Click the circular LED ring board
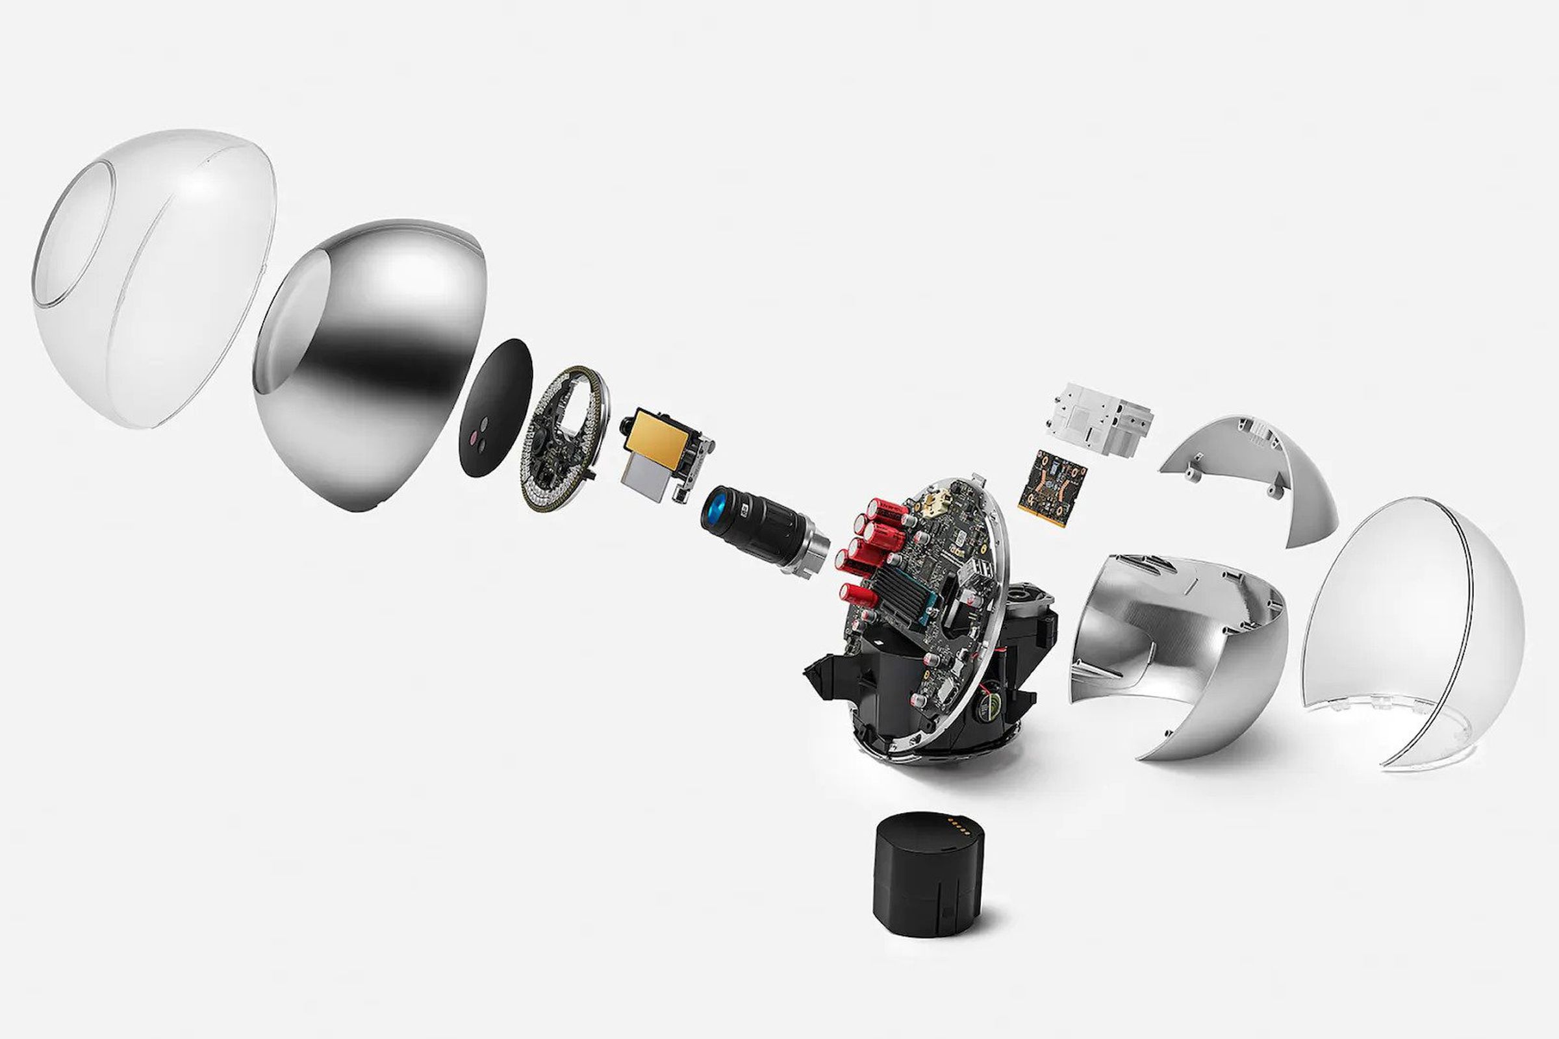coord(563,438)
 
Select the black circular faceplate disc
coord(495,408)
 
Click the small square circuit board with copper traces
coord(1052,489)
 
